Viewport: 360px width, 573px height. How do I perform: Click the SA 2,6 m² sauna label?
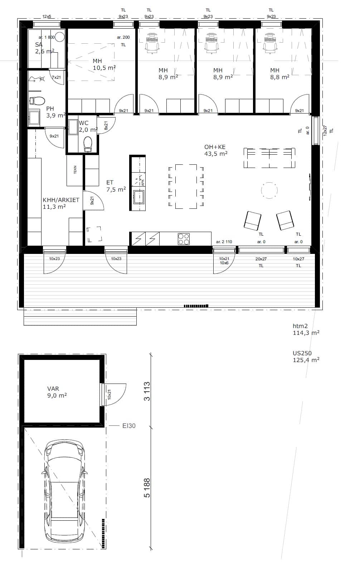click(45, 48)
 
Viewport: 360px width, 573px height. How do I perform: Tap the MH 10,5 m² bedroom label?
click(104, 64)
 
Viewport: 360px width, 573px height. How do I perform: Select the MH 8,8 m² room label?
click(280, 74)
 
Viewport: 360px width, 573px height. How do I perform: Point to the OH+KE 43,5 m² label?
click(216, 150)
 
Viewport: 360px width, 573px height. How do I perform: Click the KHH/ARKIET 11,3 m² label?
click(61, 203)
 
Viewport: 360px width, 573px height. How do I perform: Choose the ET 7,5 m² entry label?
click(116, 186)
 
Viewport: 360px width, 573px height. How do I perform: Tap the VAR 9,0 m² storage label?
click(57, 392)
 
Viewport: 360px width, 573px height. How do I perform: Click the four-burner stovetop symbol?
click(184, 239)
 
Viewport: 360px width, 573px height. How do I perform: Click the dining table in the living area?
click(186, 187)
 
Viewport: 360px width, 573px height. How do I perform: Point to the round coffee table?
click(269, 190)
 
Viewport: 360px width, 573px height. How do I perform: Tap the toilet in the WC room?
click(88, 143)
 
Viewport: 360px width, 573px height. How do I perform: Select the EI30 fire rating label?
click(129, 426)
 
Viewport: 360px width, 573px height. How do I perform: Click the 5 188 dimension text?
click(147, 488)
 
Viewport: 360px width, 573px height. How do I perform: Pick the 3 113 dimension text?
click(147, 391)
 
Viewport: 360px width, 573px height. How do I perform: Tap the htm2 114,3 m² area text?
click(306, 329)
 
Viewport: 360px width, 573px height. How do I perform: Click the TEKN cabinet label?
click(75, 170)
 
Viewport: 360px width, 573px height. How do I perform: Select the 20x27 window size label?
click(261, 259)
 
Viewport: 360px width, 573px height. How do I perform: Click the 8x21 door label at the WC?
click(106, 125)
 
